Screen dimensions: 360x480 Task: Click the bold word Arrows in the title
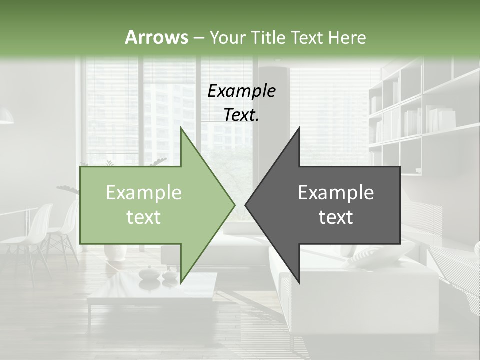[156, 37]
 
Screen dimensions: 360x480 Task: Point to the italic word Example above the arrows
[241, 91]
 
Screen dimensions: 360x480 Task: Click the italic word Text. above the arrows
[241, 115]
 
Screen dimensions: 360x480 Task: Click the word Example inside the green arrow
[144, 193]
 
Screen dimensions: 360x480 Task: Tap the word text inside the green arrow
[144, 217]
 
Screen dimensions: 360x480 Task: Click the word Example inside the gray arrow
[336, 193]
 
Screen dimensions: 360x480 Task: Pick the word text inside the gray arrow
[336, 217]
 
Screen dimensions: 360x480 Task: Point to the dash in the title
[198, 37]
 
